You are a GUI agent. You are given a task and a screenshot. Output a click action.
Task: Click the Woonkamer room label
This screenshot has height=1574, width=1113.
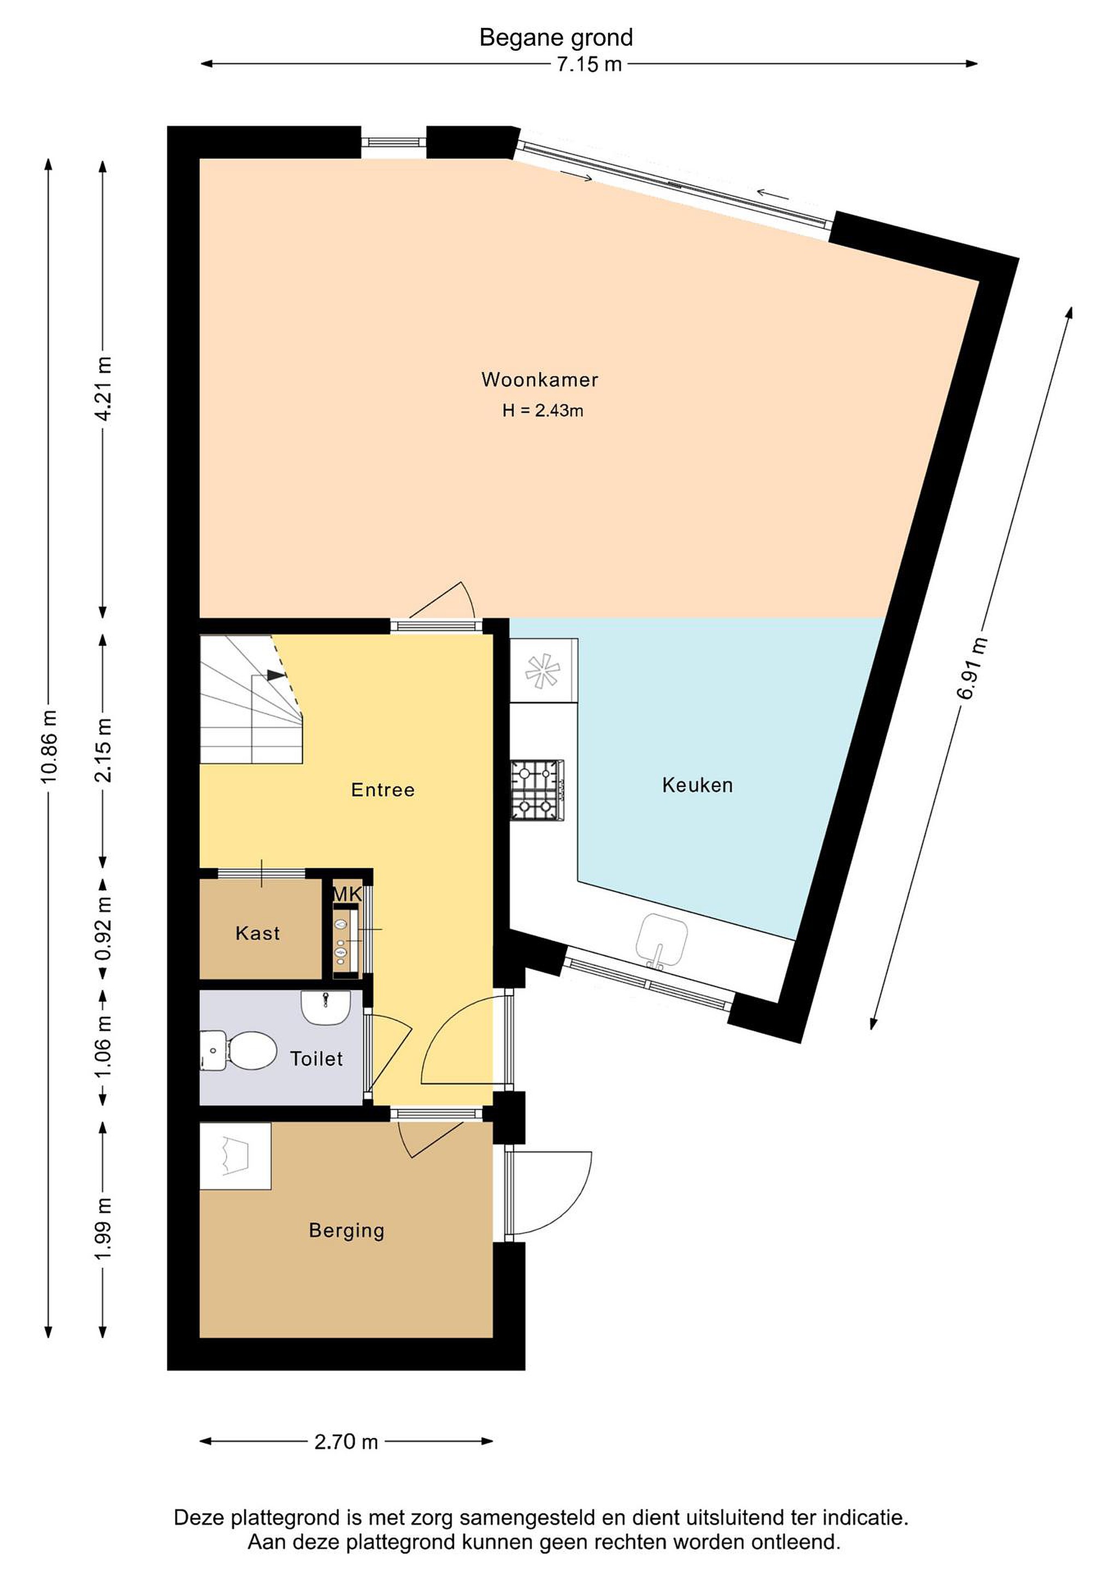coord(539,379)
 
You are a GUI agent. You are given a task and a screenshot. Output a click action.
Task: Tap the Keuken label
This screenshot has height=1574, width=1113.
coord(697,785)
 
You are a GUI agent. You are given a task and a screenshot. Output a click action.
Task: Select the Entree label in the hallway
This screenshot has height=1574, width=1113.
coord(382,790)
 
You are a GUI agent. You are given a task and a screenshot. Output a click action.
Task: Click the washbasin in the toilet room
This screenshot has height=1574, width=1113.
coord(326,1008)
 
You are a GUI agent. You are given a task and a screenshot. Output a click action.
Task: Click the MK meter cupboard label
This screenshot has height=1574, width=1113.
coord(347,894)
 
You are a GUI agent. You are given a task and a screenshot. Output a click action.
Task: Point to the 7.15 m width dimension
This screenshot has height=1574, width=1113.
coord(588,64)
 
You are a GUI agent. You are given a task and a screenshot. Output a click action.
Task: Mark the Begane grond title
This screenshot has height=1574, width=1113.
coord(556,38)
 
